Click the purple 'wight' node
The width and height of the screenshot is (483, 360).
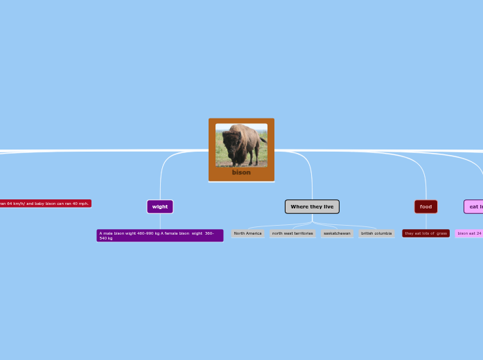[x=160, y=206]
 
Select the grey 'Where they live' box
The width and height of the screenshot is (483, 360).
[x=312, y=206]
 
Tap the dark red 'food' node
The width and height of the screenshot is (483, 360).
[x=425, y=206]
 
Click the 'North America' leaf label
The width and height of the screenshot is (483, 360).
[x=247, y=233]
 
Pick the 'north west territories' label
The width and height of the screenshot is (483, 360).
[x=292, y=233]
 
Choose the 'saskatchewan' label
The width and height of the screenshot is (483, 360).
[x=337, y=233]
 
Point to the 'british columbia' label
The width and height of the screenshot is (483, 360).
[x=376, y=233]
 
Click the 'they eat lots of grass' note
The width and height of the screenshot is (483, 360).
[x=425, y=233]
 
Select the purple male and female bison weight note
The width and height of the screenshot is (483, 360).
[x=160, y=235]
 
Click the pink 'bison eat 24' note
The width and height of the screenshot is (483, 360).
[x=469, y=233]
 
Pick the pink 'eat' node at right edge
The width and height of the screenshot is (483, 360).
[x=474, y=206]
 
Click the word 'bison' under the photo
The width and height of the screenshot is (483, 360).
[x=241, y=172]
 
